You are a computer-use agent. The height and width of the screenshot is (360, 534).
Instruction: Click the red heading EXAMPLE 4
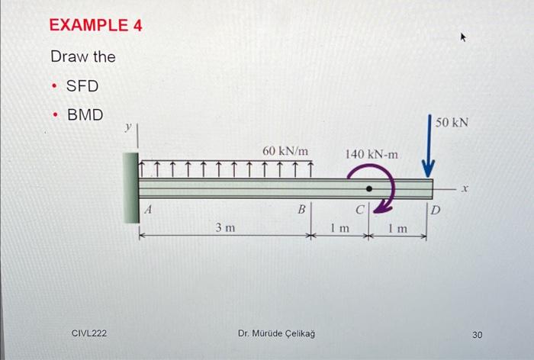pos(95,25)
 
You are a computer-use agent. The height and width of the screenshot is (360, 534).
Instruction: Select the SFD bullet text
pos(82,86)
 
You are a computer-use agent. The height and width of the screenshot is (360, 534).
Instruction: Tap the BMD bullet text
pos(85,115)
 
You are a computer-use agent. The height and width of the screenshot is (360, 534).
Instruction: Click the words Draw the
pos(82,57)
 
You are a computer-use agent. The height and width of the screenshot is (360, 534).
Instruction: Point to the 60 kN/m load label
pos(285,152)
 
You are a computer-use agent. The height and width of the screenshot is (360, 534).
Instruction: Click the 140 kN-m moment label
pos(372,154)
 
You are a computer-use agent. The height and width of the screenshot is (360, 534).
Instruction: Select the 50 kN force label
pos(452,122)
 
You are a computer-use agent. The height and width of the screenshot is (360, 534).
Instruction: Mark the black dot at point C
pos(369,188)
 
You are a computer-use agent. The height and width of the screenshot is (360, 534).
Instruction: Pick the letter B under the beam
pos(301,208)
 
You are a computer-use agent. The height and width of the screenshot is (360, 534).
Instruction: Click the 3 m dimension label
pos(224,227)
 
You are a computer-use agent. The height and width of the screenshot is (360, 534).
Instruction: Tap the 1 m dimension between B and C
pos(339,227)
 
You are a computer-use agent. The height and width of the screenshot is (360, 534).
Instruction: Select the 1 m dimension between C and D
pos(397,228)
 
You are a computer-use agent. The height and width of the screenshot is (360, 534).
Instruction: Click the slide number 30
pos(478,334)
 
